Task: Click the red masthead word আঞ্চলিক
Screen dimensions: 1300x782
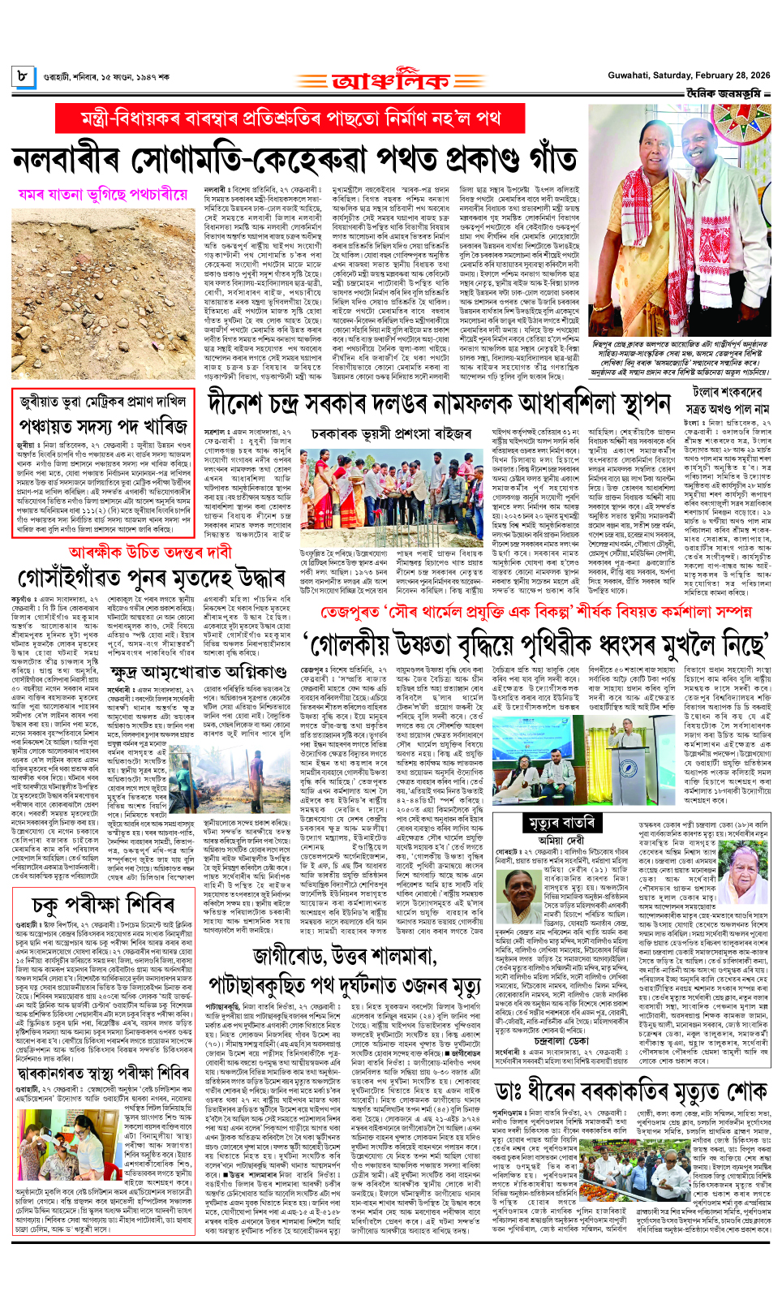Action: (390, 82)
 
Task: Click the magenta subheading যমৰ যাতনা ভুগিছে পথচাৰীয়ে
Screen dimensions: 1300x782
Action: (103, 195)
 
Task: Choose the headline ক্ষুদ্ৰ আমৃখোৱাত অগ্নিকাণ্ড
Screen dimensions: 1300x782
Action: (198, 672)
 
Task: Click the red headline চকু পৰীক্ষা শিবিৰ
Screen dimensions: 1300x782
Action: (100, 903)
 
